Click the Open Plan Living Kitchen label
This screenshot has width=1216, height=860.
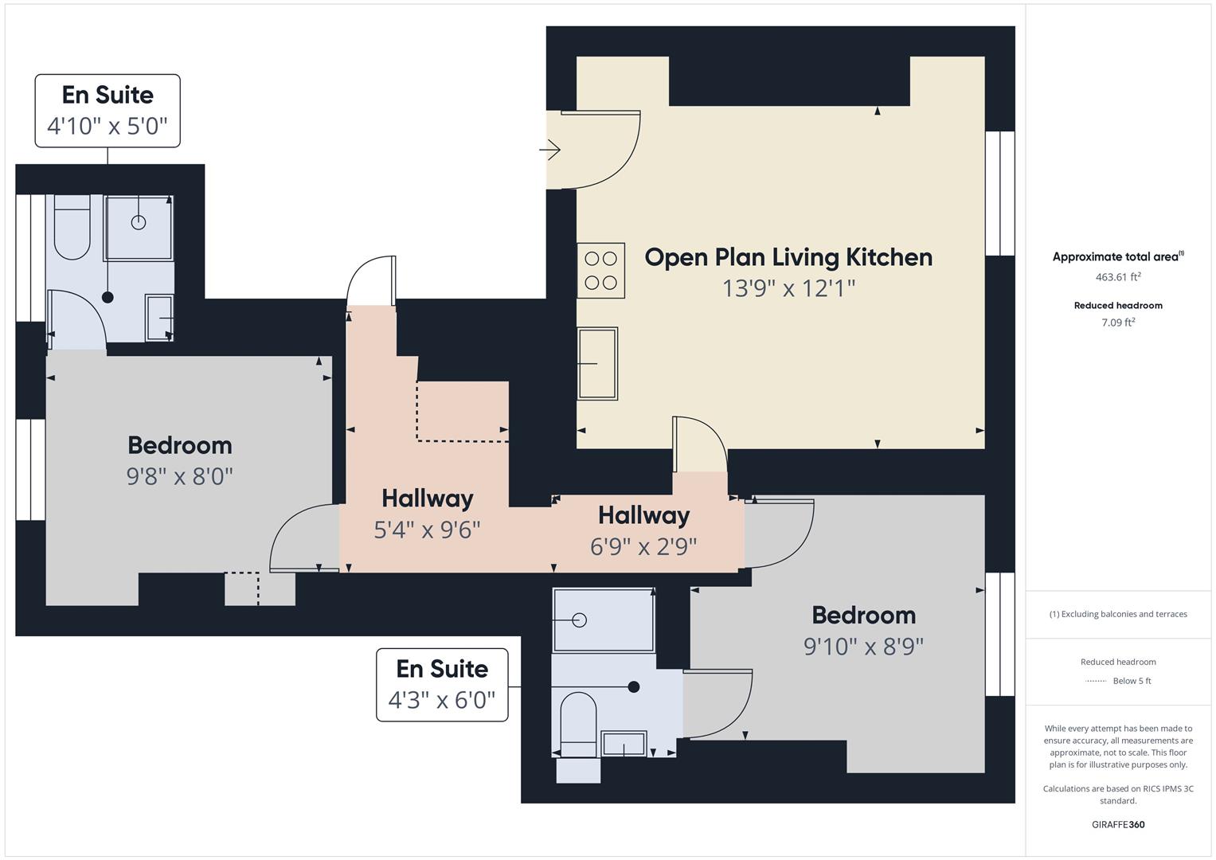pyautogui.click(x=788, y=257)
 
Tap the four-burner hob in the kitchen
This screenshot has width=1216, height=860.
pyautogui.click(x=601, y=271)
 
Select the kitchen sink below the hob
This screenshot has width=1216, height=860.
pyautogui.click(x=597, y=363)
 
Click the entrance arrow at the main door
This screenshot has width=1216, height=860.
pyautogui.click(x=550, y=150)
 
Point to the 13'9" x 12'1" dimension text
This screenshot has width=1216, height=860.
pyautogui.click(x=788, y=288)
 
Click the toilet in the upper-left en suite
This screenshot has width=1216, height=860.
pyautogui.click(x=72, y=229)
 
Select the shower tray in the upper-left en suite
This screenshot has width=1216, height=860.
pyautogui.click(x=139, y=227)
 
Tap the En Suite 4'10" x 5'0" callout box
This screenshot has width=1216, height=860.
pyautogui.click(x=108, y=111)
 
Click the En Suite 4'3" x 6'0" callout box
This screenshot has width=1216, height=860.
pyautogui.click(x=442, y=685)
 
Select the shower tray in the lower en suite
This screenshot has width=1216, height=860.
pyautogui.click(x=604, y=620)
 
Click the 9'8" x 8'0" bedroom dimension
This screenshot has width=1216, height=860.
pyautogui.click(x=179, y=476)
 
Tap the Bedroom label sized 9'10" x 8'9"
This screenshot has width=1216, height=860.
pyautogui.click(x=863, y=616)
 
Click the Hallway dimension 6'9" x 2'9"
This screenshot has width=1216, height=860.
pyautogui.click(x=643, y=546)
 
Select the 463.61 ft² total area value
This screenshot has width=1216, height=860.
pyautogui.click(x=1117, y=277)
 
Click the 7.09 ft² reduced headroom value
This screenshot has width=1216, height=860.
pyautogui.click(x=1117, y=322)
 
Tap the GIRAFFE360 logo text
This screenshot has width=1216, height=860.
pyautogui.click(x=1117, y=824)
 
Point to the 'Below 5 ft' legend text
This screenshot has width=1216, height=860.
pyautogui.click(x=1132, y=681)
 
